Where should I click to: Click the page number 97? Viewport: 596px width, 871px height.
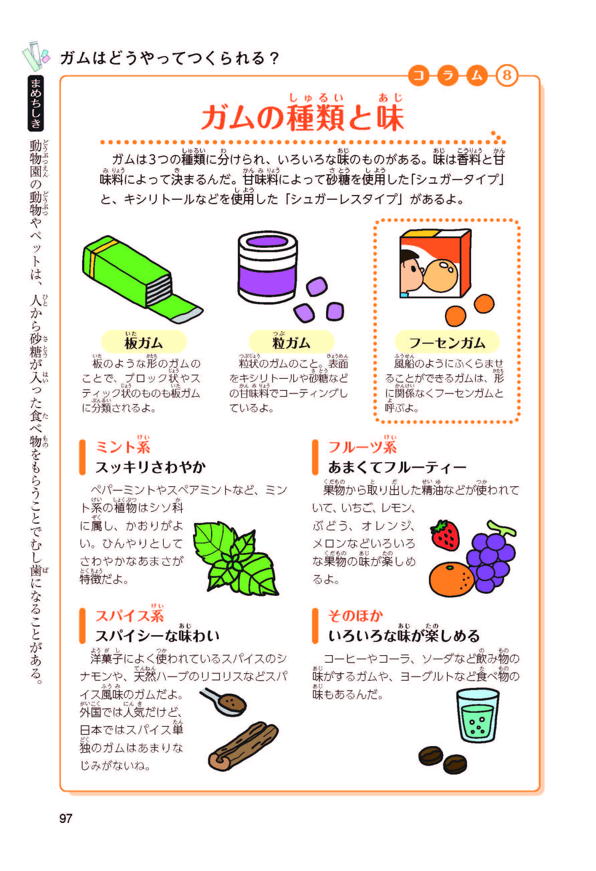[x=65, y=818]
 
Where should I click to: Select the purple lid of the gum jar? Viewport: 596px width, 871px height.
[x=267, y=242]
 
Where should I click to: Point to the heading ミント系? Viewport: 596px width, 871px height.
[x=123, y=447]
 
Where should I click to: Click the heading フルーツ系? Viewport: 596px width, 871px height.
[x=362, y=447]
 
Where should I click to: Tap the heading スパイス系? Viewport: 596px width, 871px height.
[x=129, y=616]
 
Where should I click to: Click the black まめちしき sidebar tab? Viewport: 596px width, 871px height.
[x=36, y=103]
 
